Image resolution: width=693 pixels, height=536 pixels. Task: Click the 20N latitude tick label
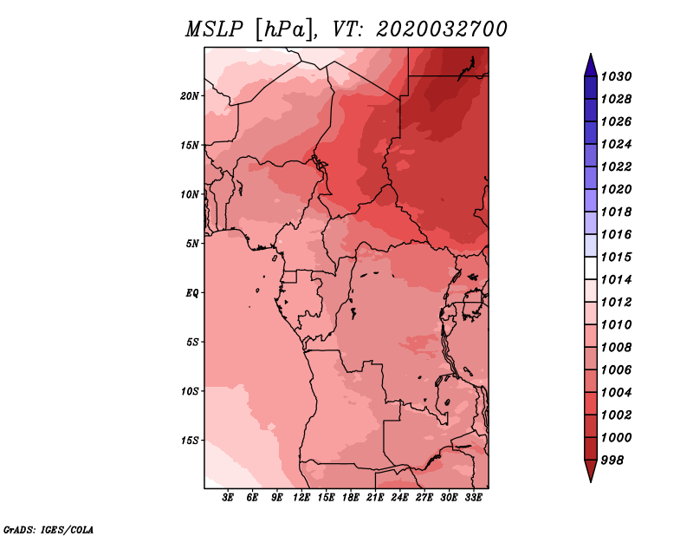pos(189,96)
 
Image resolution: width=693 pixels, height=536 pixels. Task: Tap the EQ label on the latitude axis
pos(192,293)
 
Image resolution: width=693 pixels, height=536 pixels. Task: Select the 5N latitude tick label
pos(192,244)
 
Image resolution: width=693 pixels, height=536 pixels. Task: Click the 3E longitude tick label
pos(228,498)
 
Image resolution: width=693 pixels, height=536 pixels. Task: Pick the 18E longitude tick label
pos(351,498)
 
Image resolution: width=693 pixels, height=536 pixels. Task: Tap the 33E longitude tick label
pos(473,498)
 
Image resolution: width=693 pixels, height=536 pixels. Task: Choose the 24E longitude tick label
pos(399,498)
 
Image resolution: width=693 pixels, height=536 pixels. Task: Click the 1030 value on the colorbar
pos(616,76)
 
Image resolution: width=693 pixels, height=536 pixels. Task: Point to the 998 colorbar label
pos(612,461)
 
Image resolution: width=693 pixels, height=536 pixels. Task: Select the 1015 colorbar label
pos(616,257)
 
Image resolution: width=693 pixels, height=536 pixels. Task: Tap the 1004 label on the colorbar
pos(616,393)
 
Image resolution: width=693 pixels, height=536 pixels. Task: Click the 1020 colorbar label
pos(616,189)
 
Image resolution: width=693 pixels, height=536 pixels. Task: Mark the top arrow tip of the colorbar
pos(591,54)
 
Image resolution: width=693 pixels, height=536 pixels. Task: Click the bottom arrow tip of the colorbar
pos(591,482)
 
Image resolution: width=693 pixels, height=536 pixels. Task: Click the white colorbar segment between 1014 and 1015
pos(591,268)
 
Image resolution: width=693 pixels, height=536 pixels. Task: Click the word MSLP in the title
pos(214,29)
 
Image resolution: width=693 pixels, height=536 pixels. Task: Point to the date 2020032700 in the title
pos(442,29)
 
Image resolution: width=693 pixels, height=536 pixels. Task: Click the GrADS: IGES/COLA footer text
pos(49,530)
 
